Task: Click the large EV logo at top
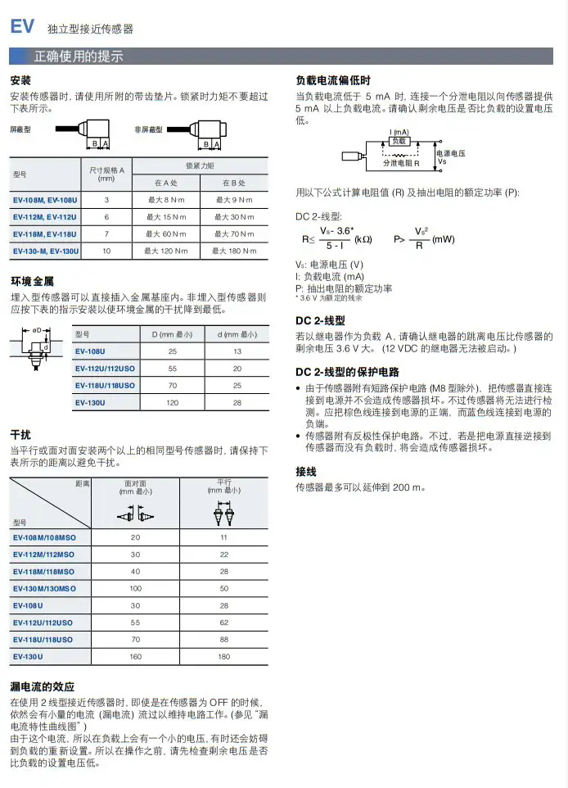coord(22,26)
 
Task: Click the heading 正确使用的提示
coord(78,57)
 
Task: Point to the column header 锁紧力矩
coord(200,165)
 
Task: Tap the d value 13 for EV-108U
coord(237,351)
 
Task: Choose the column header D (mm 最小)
coord(172,334)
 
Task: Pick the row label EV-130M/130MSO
coord(45,588)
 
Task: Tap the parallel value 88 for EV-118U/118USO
coord(224,639)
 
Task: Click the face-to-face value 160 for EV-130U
coord(135,656)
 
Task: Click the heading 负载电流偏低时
coord(332,81)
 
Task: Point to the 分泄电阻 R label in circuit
coord(402,164)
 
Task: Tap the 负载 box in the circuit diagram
coord(399,141)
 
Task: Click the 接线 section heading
coord(305,471)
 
